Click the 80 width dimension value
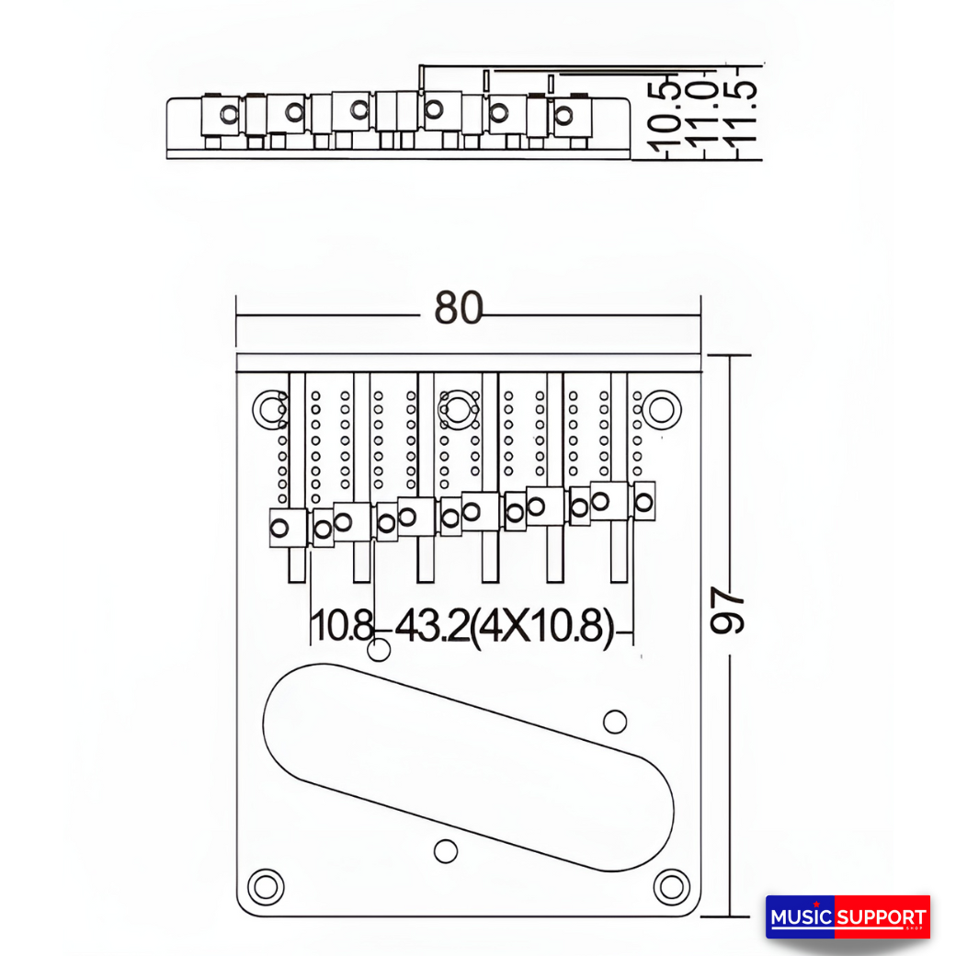click(x=458, y=310)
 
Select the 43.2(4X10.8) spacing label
click(x=504, y=628)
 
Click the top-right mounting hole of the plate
click(x=661, y=409)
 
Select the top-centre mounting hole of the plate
click(x=458, y=408)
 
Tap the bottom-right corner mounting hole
click(x=671, y=886)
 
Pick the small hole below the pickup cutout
click(x=446, y=851)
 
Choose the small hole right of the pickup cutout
click(x=615, y=722)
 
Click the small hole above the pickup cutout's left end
click(x=378, y=651)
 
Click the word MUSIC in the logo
click(x=800, y=917)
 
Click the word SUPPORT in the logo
click(x=882, y=917)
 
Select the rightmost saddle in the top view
click(x=644, y=501)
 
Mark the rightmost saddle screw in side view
click(x=563, y=115)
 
